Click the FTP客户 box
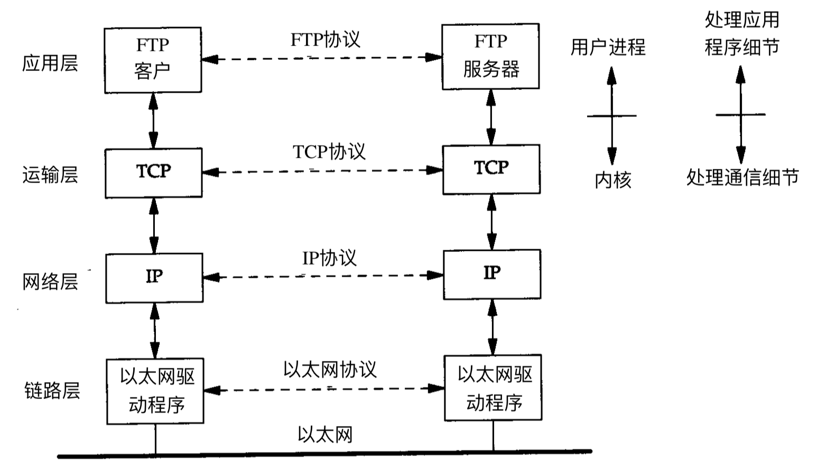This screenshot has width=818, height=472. click(x=153, y=60)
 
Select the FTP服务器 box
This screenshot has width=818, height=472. click(x=490, y=56)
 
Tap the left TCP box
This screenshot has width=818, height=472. click(x=153, y=173)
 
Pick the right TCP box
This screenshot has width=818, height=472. click(x=491, y=169)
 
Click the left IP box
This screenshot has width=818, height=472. click(x=154, y=278)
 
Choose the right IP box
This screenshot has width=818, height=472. click(x=491, y=275)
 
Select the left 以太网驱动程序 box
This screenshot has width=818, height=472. click(x=155, y=391)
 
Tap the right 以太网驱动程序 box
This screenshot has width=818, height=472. click(x=493, y=388)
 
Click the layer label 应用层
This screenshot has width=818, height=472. click(x=50, y=63)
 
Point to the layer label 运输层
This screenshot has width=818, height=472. click(x=50, y=174)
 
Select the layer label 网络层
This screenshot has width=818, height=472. click(x=50, y=282)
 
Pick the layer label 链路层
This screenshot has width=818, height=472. click(x=52, y=391)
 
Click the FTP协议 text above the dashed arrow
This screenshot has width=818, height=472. click(x=325, y=40)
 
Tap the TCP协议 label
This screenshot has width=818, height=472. click(x=329, y=152)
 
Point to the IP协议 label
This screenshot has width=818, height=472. click(x=329, y=258)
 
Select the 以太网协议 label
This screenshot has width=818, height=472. click(x=330, y=369)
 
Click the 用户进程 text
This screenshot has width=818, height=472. click(x=608, y=48)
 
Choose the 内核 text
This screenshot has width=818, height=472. click(x=613, y=180)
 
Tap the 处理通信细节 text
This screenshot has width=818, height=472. click(x=742, y=177)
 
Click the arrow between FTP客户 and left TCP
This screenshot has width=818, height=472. click(x=153, y=121)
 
